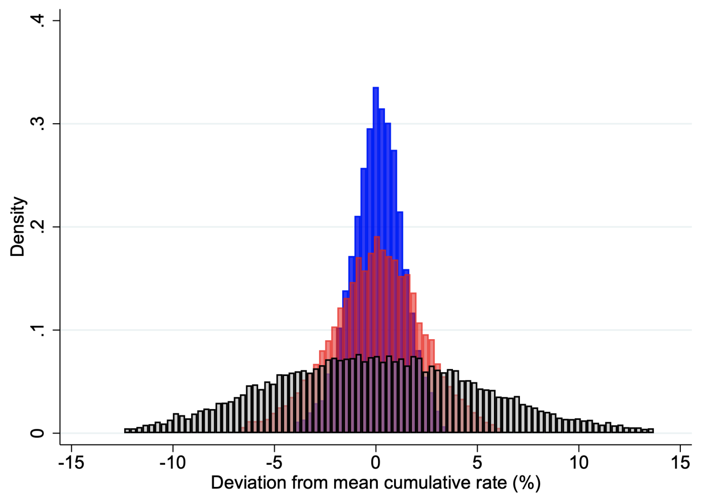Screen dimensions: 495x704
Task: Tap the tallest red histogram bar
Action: pos(377,283)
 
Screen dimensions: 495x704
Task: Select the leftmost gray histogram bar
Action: pos(126,430)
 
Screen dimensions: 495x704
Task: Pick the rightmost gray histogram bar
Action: pos(651,430)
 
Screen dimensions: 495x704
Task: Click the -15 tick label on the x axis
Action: pos(71,463)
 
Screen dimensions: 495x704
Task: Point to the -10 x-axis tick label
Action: pos(173,463)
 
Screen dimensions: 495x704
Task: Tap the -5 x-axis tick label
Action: pos(274,463)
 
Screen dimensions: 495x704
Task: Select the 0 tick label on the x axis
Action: pos(376,463)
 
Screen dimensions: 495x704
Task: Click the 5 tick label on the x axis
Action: pos(477,463)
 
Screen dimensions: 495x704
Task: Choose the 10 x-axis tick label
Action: pos(578,463)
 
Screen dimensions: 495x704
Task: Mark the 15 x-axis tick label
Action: pos(680,463)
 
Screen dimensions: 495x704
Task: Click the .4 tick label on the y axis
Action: pos(38,21)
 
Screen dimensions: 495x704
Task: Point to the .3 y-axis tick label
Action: pos(38,124)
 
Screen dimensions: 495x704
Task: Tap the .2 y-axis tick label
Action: pos(38,227)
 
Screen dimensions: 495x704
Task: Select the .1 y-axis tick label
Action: pos(38,330)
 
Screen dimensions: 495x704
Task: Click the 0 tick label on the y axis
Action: pos(38,433)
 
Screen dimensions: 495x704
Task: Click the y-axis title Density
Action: pos(18,227)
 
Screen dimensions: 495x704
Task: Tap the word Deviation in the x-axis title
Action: pos(243,483)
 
